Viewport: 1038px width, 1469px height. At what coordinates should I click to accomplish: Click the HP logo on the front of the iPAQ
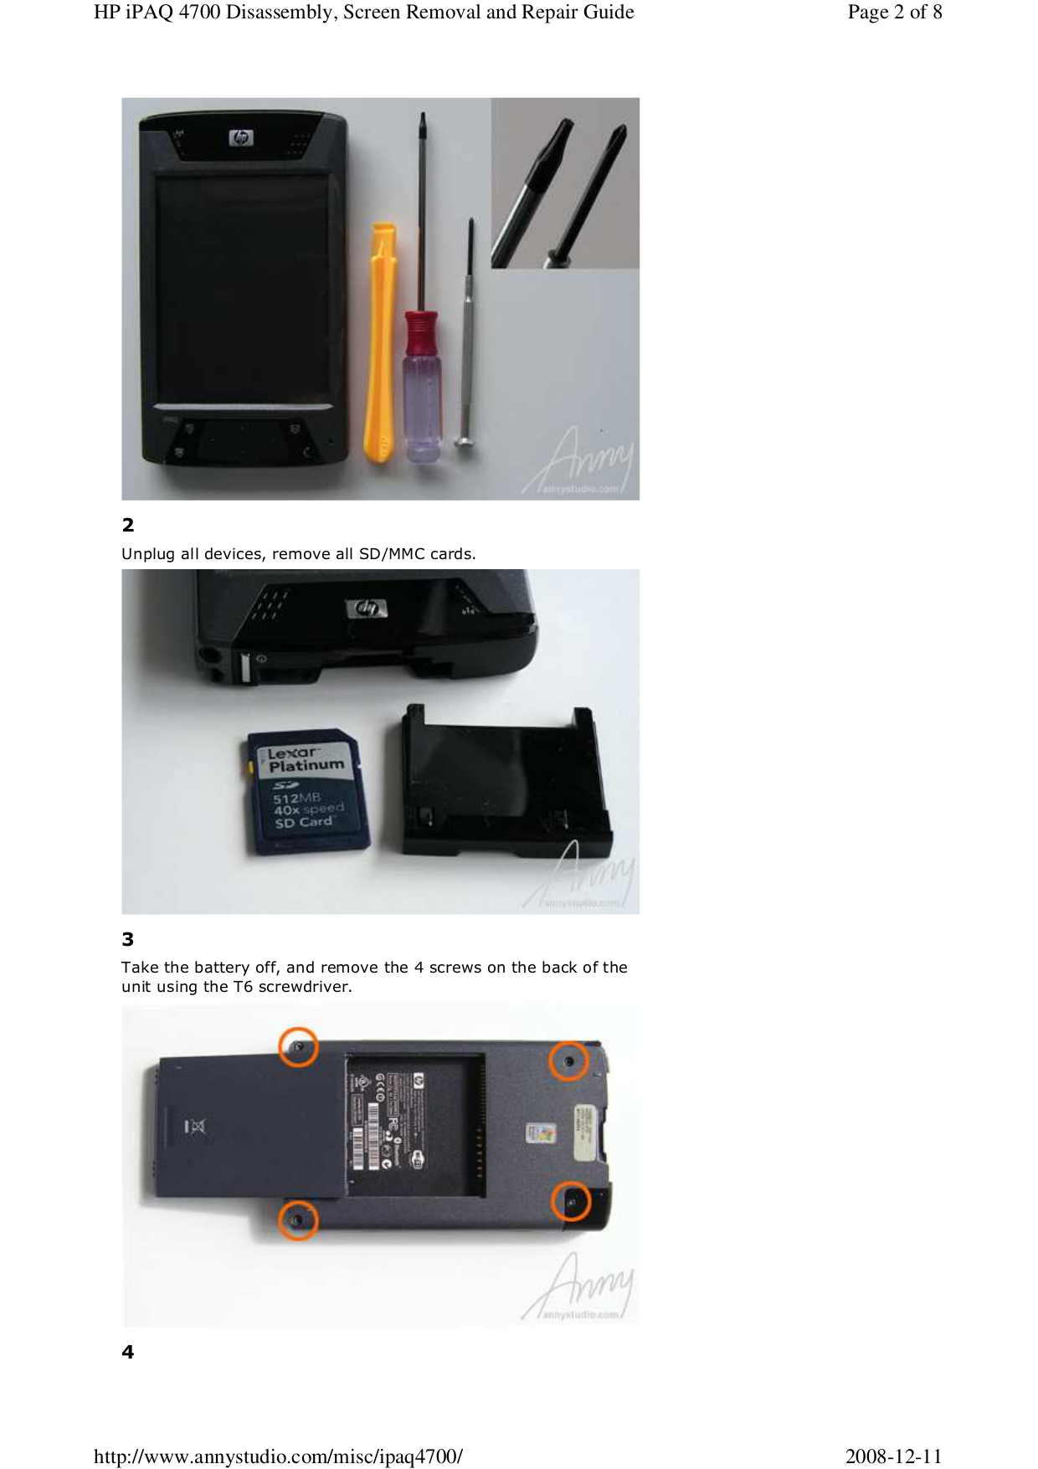[241, 138]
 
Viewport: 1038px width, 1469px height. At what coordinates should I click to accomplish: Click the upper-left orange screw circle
[298, 1047]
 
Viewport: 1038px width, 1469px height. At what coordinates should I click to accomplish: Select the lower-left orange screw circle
[298, 1220]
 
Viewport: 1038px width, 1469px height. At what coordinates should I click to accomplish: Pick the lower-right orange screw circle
[572, 1202]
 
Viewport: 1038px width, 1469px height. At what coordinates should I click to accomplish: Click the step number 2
[128, 525]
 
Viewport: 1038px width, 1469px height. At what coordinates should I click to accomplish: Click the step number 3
[128, 939]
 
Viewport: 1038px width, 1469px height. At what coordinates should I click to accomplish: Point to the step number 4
[128, 1352]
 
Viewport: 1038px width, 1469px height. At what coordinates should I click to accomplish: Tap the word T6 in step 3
[243, 987]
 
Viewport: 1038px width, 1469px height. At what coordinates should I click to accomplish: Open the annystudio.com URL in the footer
[278, 1456]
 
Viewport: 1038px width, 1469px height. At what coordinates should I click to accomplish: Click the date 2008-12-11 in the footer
[893, 1456]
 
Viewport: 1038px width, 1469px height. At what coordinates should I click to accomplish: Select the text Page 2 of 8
[894, 12]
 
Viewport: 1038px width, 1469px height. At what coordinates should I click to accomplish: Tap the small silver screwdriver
[468, 335]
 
